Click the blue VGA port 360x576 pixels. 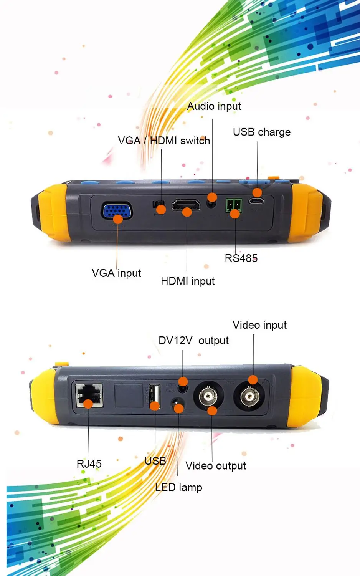click(117, 211)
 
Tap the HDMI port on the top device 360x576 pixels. click(186, 205)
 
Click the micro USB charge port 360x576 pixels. click(256, 200)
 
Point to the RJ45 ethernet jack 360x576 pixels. click(89, 395)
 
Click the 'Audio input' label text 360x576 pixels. click(214, 106)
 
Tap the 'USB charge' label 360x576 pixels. click(262, 132)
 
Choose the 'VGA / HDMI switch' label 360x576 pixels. click(164, 141)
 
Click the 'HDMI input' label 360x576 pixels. click(188, 281)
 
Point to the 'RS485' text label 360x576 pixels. click(241, 258)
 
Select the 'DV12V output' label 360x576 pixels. click(193, 341)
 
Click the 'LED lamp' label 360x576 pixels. click(178, 487)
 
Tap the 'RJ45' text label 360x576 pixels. click(89, 464)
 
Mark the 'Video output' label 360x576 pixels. click(216, 466)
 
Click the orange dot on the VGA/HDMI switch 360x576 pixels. click(161, 209)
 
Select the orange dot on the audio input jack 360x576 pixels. click(212, 197)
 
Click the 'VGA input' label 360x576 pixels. click(116, 273)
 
